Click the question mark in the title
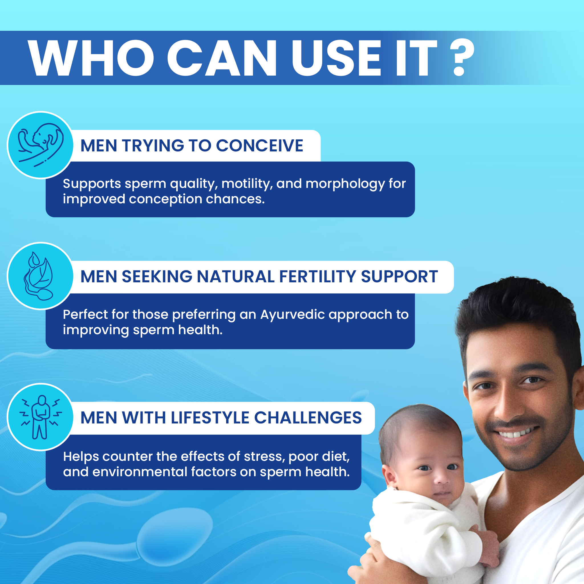point(463,57)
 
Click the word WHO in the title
point(91,57)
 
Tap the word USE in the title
point(336,57)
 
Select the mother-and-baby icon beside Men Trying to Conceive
point(40,145)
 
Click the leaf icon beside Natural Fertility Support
point(39,276)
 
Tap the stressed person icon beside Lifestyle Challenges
point(40,417)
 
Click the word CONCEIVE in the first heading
point(260,146)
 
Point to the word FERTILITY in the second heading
point(318,277)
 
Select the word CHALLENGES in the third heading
point(308,418)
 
